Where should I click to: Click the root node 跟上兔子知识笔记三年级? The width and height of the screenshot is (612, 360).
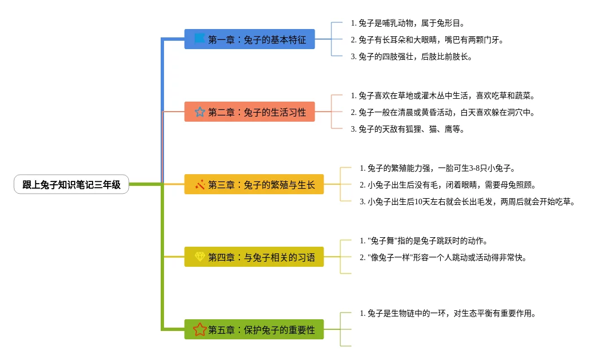pos(71,185)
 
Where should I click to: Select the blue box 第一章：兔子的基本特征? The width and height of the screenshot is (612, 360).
pos(249,40)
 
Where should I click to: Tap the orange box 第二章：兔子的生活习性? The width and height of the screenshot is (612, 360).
pos(249,112)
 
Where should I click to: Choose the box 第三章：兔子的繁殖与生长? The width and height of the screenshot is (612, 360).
pos(254,185)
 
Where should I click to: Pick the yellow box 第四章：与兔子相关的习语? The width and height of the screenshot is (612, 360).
pos(254,257)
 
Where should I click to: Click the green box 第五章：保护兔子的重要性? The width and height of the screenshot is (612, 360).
pos(254,330)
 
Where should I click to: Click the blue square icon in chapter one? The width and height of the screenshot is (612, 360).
pos(199,39)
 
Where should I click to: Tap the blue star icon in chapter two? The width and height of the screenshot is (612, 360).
pos(200,112)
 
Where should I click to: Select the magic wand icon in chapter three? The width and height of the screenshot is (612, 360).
pos(200,184)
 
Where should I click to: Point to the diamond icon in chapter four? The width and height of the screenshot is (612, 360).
pos(200,257)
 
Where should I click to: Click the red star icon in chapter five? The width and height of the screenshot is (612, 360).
pos(200,329)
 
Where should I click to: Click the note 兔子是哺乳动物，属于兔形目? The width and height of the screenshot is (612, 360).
pos(408,23)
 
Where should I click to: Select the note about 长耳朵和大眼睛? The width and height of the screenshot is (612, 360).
pos(423,40)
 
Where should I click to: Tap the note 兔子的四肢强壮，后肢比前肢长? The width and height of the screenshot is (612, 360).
pos(412,56)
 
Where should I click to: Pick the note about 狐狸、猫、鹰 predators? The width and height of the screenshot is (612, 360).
pos(408,129)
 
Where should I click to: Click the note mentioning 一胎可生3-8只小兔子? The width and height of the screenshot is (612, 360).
pos(437,168)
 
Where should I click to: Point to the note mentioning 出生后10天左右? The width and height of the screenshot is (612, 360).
pos(467,201)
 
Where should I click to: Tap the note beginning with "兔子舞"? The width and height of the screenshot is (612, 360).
pos(424,241)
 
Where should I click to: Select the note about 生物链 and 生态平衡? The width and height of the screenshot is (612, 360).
pos(448,313)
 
